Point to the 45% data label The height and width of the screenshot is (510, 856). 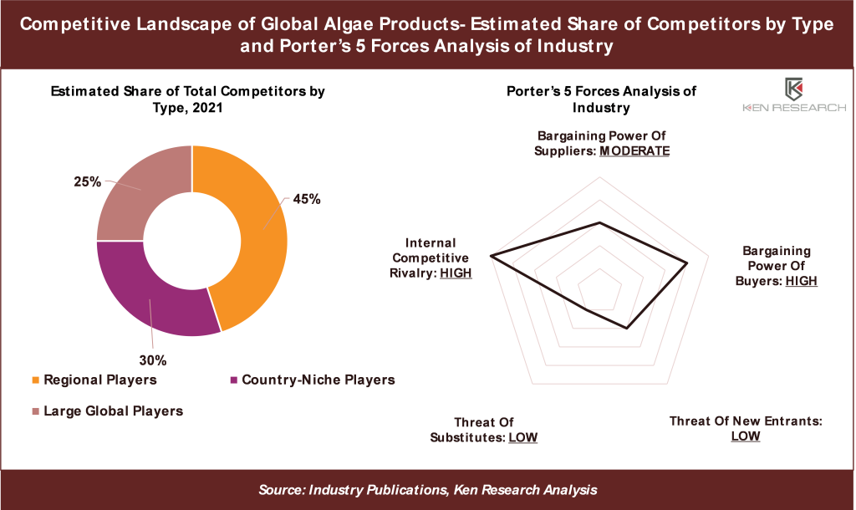point(306,200)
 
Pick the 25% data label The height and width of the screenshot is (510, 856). point(88,181)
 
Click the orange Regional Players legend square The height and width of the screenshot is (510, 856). point(33,380)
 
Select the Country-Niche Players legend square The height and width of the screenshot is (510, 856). point(232,380)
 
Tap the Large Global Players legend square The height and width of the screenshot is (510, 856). point(33,411)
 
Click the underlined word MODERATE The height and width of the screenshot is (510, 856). point(635,151)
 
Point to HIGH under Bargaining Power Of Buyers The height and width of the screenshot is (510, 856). point(801,281)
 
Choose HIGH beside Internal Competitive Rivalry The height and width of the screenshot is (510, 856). point(456,273)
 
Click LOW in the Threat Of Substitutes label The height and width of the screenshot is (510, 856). point(522,436)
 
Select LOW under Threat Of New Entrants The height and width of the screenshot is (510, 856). point(746,436)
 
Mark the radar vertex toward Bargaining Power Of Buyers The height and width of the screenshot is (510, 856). point(687,263)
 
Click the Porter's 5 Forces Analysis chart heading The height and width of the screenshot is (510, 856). point(601,99)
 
